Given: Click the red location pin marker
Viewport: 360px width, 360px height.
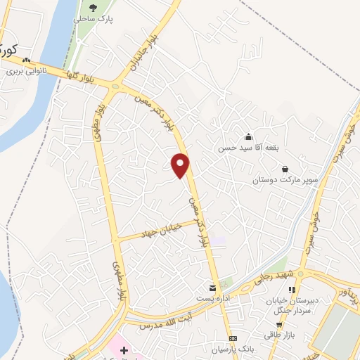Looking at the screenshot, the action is click(181, 164).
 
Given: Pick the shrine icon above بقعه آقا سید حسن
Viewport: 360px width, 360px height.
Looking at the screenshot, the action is click(248, 136).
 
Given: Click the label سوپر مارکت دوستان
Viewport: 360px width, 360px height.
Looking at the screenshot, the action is click(285, 180).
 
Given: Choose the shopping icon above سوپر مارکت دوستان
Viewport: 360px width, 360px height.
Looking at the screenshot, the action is click(285, 169).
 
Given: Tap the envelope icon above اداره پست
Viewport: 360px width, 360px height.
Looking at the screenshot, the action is click(212, 288).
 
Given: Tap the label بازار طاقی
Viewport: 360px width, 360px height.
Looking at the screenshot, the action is click(278, 335).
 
